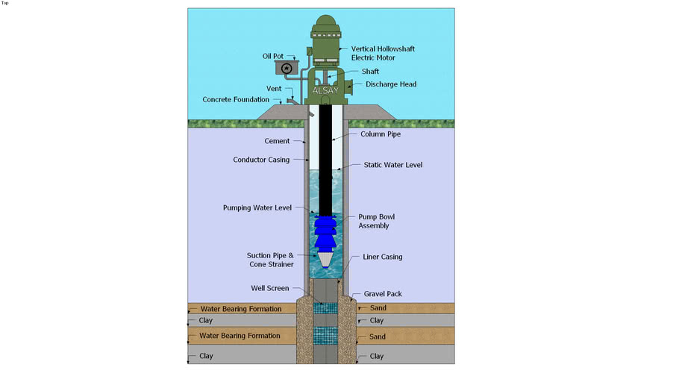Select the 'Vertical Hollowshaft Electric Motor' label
click(x=383, y=53)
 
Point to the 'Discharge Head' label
click(x=390, y=84)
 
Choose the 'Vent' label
click(x=274, y=89)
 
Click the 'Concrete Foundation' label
click(x=237, y=100)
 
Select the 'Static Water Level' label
click(x=392, y=165)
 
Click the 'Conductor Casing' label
click(x=261, y=160)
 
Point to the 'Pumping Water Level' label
click(x=257, y=207)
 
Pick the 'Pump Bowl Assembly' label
click(x=374, y=221)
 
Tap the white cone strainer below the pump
click(x=325, y=259)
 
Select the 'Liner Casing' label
click(x=382, y=257)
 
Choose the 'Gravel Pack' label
click(x=383, y=294)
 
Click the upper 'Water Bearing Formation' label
click(x=240, y=309)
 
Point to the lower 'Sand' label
click(x=378, y=336)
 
